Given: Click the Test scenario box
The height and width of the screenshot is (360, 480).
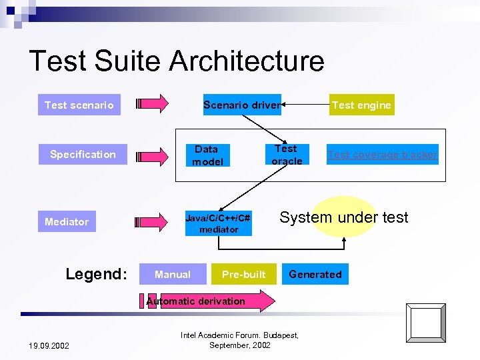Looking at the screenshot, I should point(79,105).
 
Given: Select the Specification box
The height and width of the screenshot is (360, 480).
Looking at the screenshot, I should point(83,155).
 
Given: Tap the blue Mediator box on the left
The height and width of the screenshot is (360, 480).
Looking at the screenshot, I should point(67,221).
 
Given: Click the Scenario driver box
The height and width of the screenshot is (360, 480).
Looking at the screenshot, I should point(241,105).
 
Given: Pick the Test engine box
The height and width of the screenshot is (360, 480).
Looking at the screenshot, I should point(361,105).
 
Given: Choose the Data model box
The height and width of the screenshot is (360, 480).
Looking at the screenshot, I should point(207,155).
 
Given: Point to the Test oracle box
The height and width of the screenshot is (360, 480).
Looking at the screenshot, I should point(287,155).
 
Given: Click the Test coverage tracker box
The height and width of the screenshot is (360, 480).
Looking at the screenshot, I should point(383,155).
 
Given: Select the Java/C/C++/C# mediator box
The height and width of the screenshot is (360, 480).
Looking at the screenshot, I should point(218,223).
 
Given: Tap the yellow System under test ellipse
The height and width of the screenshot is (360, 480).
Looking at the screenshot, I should point(344,217).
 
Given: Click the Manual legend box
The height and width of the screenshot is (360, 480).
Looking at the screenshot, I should point(172,274).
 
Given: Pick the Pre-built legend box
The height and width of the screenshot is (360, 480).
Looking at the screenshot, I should point(243,274).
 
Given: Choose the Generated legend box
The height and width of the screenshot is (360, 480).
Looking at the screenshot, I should point(315,274).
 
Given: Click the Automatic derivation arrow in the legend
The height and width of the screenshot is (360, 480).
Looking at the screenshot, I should point(207,301).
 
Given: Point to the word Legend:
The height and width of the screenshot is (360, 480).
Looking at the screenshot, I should point(96,274).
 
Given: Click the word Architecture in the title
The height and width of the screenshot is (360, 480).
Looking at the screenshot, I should point(247,61).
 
